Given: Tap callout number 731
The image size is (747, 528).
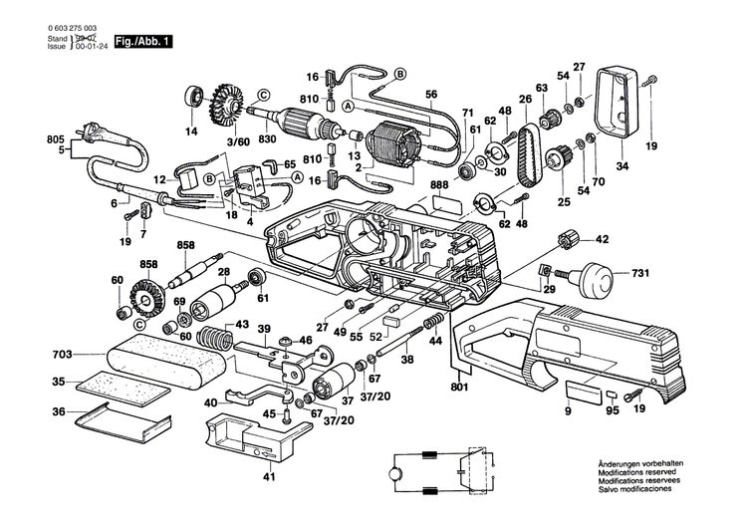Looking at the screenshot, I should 641,271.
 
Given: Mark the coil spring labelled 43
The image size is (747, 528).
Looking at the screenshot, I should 211,338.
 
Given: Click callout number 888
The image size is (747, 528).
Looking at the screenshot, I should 439,184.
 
